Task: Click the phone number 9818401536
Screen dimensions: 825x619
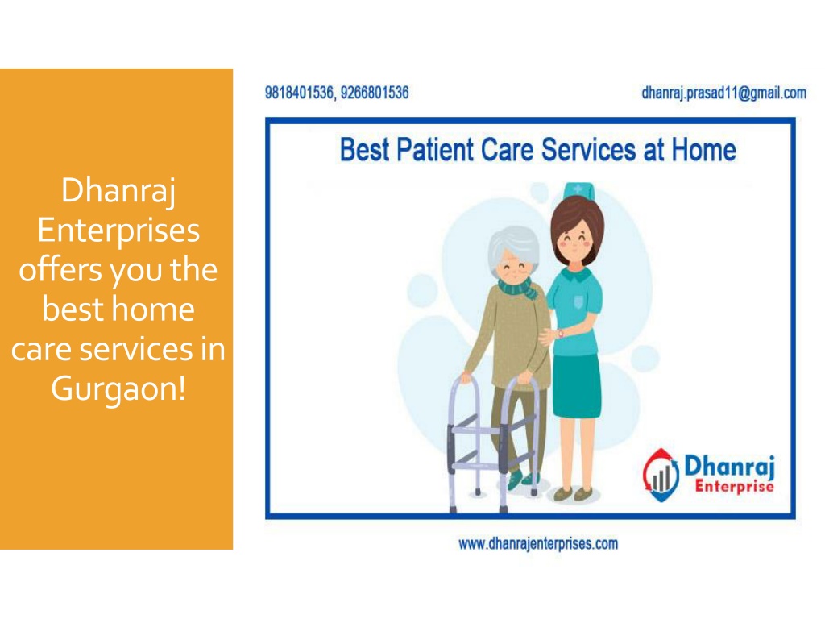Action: pos(299,93)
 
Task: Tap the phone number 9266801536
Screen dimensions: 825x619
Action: pos(375,93)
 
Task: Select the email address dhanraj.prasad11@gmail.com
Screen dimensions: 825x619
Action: pos(723,93)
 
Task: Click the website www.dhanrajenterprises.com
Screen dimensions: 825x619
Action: pos(538,544)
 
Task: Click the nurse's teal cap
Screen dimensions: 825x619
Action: pos(578,190)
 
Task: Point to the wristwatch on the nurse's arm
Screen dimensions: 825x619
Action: pos(561,334)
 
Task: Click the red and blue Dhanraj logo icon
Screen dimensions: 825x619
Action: pos(661,475)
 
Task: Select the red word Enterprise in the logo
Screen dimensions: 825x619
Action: pos(734,486)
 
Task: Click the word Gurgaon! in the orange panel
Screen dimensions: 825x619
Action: pos(118,389)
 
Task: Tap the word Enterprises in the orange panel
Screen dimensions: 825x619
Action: pos(118,231)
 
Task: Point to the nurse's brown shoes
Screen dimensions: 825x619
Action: pos(574,494)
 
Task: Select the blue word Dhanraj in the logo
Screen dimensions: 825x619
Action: pos(729,467)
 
